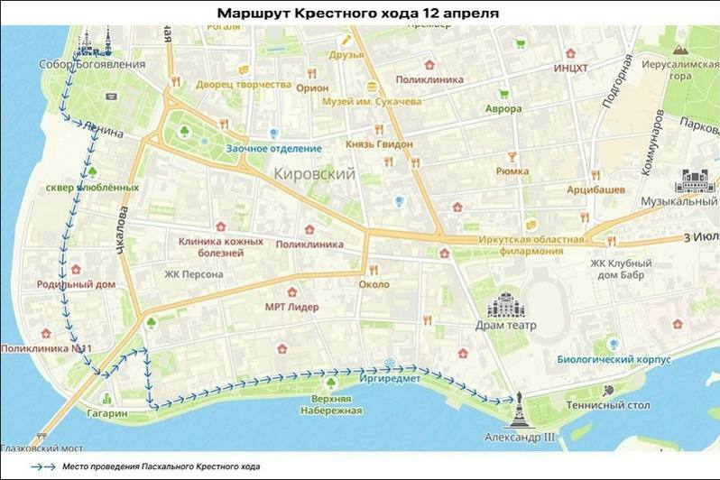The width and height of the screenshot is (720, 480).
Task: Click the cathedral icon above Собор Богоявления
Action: tap(94, 41)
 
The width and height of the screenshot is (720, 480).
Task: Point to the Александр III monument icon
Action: tap(522, 411)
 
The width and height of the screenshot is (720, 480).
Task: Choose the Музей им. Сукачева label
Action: tap(373, 102)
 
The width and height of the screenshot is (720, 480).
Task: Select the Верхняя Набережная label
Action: tap(335, 404)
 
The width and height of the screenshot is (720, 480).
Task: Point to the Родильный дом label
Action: tap(76, 284)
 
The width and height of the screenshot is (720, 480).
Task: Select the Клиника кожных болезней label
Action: tap(221, 247)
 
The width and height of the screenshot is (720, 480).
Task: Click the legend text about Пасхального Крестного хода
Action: tap(161, 467)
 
